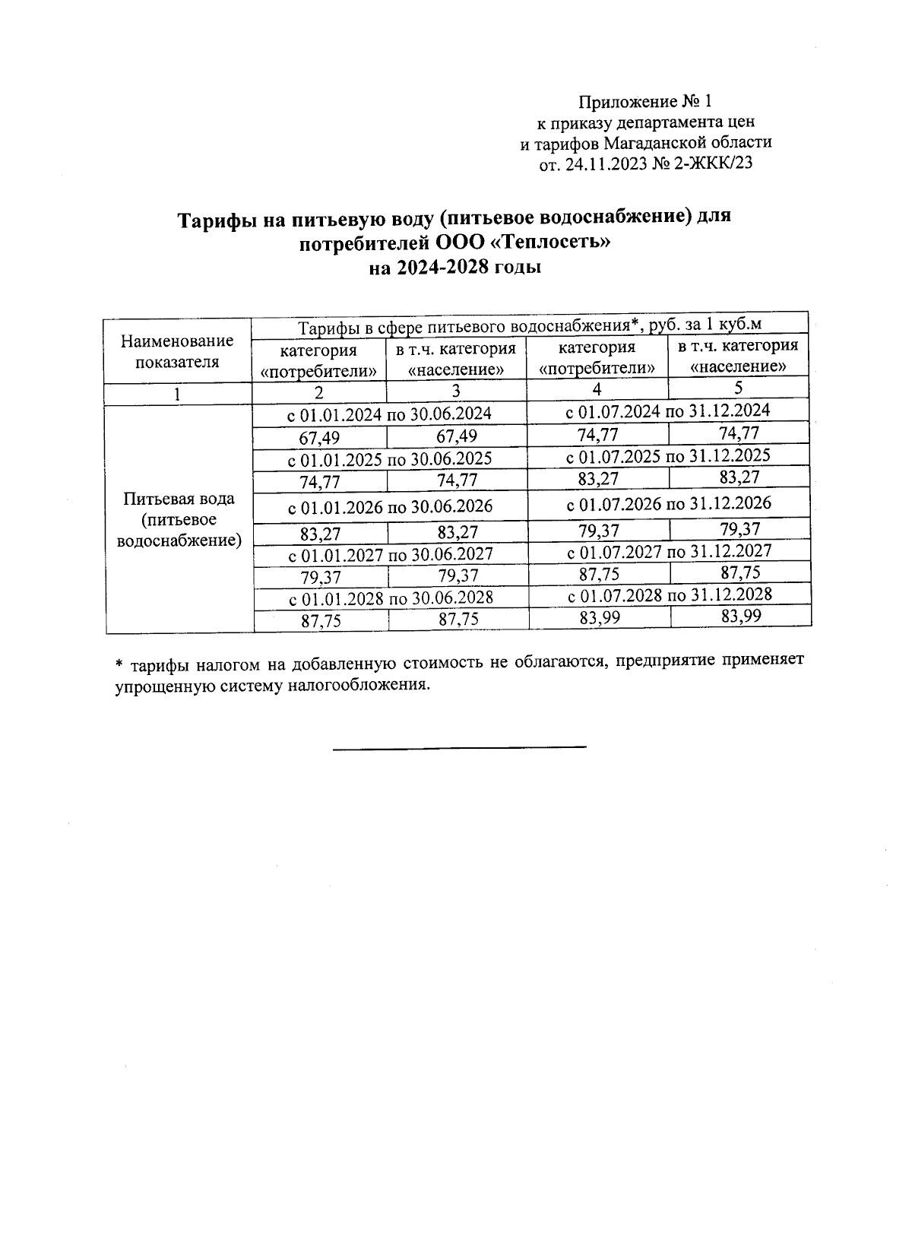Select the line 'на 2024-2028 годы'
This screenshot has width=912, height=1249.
(454, 268)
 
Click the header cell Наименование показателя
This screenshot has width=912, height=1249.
(177, 351)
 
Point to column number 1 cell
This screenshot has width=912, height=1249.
(177, 393)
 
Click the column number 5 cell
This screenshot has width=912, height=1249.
(738, 388)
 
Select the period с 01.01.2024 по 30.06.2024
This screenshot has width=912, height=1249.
(389, 414)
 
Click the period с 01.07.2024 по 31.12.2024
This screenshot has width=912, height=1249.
(669, 411)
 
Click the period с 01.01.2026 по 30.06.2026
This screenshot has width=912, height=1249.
(390, 506)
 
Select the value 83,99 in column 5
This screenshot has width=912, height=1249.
(741, 617)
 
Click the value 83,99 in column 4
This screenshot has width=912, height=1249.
(600, 618)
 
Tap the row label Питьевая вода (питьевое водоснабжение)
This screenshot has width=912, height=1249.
(179, 520)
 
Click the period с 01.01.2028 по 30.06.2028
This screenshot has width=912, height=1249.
(391, 598)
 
